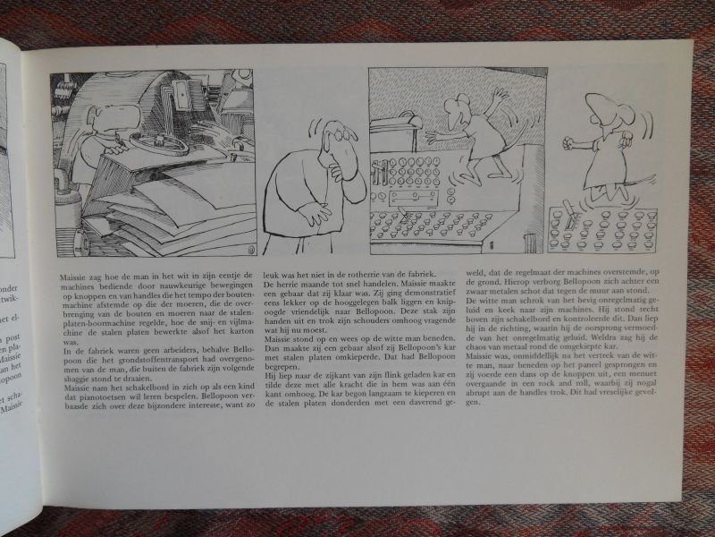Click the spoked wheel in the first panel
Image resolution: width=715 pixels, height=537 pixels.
pyautogui.click(x=159, y=142)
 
